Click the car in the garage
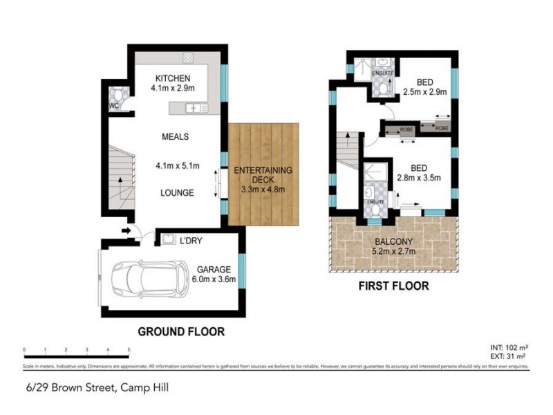coord(151,277)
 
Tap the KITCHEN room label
coord(172,77)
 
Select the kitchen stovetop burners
coord(187,57)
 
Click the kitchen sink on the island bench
coord(196,108)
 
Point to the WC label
coord(114,106)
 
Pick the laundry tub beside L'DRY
coord(168,239)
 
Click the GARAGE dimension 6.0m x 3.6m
coord(215,279)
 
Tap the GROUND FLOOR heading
coord(181,332)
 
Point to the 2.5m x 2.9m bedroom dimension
coord(425,91)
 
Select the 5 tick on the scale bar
coord(129,350)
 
